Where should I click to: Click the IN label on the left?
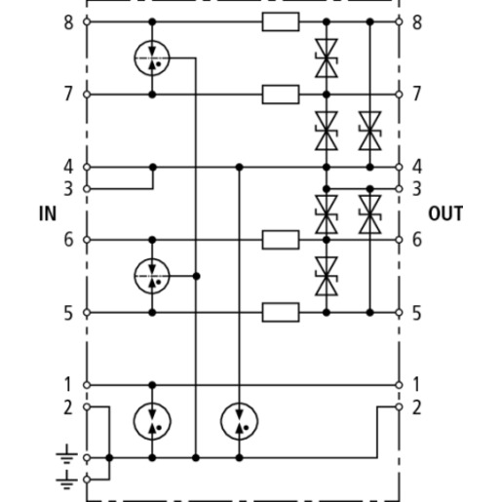pos(48,213)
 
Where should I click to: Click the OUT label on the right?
pos(445,213)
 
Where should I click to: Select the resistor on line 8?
pos(281,21)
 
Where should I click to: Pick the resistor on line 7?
pos(281,95)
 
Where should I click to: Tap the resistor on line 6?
pos(281,240)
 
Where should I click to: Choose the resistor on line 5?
pos(281,313)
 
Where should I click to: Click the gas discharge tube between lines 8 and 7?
pos(152,58)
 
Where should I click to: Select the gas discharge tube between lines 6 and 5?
pos(152,276)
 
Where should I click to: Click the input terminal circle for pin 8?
pos(87,21)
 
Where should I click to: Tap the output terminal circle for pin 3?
pos(400,189)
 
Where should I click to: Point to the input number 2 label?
pos(68,407)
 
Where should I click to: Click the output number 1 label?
pos(417,384)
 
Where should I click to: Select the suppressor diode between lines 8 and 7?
pos(327,58)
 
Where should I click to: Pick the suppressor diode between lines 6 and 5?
pos(327,276)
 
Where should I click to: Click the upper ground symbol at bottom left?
pos(66,454)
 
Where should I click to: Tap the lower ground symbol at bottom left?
pos(66,480)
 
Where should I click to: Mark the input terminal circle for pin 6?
pos(87,240)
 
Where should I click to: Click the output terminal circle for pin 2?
pos(400,406)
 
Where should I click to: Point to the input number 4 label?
pos(68,167)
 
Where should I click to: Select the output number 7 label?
pos(417,94)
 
